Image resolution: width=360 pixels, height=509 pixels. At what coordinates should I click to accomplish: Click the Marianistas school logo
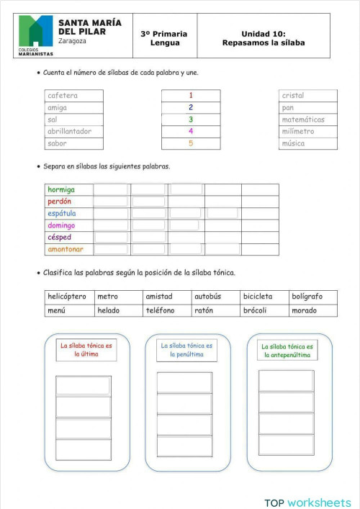pyautogui.click(x=35, y=35)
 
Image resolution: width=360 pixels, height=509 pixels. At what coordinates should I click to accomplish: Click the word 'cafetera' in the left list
pyautogui.click(x=63, y=96)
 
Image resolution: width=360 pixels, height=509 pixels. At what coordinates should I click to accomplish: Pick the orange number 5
pyautogui.click(x=191, y=143)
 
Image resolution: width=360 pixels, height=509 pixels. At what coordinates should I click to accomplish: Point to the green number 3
pyautogui.click(x=191, y=120)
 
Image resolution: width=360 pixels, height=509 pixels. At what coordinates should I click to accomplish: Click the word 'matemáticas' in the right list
pyautogui.click(x=303, y=120)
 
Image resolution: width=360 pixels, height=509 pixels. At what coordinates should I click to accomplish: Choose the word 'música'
pyautogui.click(x=294, y=143)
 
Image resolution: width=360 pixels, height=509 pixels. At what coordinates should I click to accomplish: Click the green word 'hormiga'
pyautogui.click(x=61, y=190)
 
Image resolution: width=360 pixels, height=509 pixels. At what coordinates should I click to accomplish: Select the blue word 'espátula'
pyautogui.click(x=62, y=214)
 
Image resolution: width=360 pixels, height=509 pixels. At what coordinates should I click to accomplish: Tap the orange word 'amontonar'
pyautogui.click(x=66, y=249)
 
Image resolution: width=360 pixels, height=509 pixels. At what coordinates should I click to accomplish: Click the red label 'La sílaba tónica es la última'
pyautogui.click(x=86, y=350)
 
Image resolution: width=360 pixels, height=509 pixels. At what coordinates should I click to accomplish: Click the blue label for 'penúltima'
pyautogui.click(x=186, y=350)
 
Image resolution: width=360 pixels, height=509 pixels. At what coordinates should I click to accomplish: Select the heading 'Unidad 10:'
pyautogui.click(x=264, y=34)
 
